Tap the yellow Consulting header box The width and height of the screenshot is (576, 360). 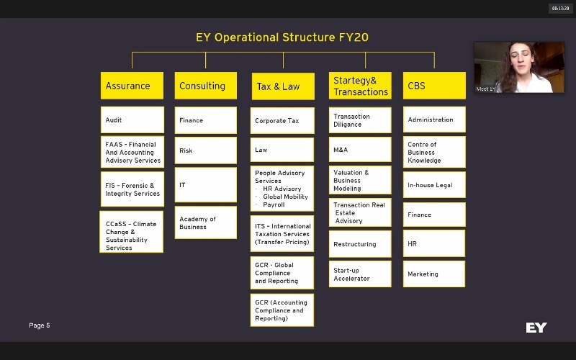click(x=205, y=86)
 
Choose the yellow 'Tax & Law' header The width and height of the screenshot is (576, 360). click(x=282, y=86)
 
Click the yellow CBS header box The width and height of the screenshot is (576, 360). click(x=434, y=86)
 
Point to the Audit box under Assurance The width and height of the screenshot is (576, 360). click(x=132, y=120)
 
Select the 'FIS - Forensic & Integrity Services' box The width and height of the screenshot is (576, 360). click(x=132, y=189)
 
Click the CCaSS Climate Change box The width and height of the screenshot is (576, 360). click(x=132, y=232)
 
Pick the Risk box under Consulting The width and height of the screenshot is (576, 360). click(x=205, y=150)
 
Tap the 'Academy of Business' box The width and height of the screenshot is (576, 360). click(x=205, y=222)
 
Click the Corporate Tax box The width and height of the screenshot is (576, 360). click(x=282, y=121)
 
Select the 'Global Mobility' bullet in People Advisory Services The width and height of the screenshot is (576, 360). click(x=285, y=197)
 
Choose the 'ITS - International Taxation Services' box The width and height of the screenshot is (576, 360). click(x=282, y=233)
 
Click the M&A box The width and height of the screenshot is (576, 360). click(x=360, y=149)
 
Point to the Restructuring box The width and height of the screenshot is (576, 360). click(x=360, y=244)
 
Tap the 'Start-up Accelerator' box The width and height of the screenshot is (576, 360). click(x=360, y=274)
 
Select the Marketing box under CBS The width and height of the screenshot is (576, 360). click(x=434, y=274)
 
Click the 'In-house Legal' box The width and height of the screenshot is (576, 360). click(x=434, y=185)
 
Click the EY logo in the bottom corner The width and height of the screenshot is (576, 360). click(x=536, y=328)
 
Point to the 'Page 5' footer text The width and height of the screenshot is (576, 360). click(x=40, y=325)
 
